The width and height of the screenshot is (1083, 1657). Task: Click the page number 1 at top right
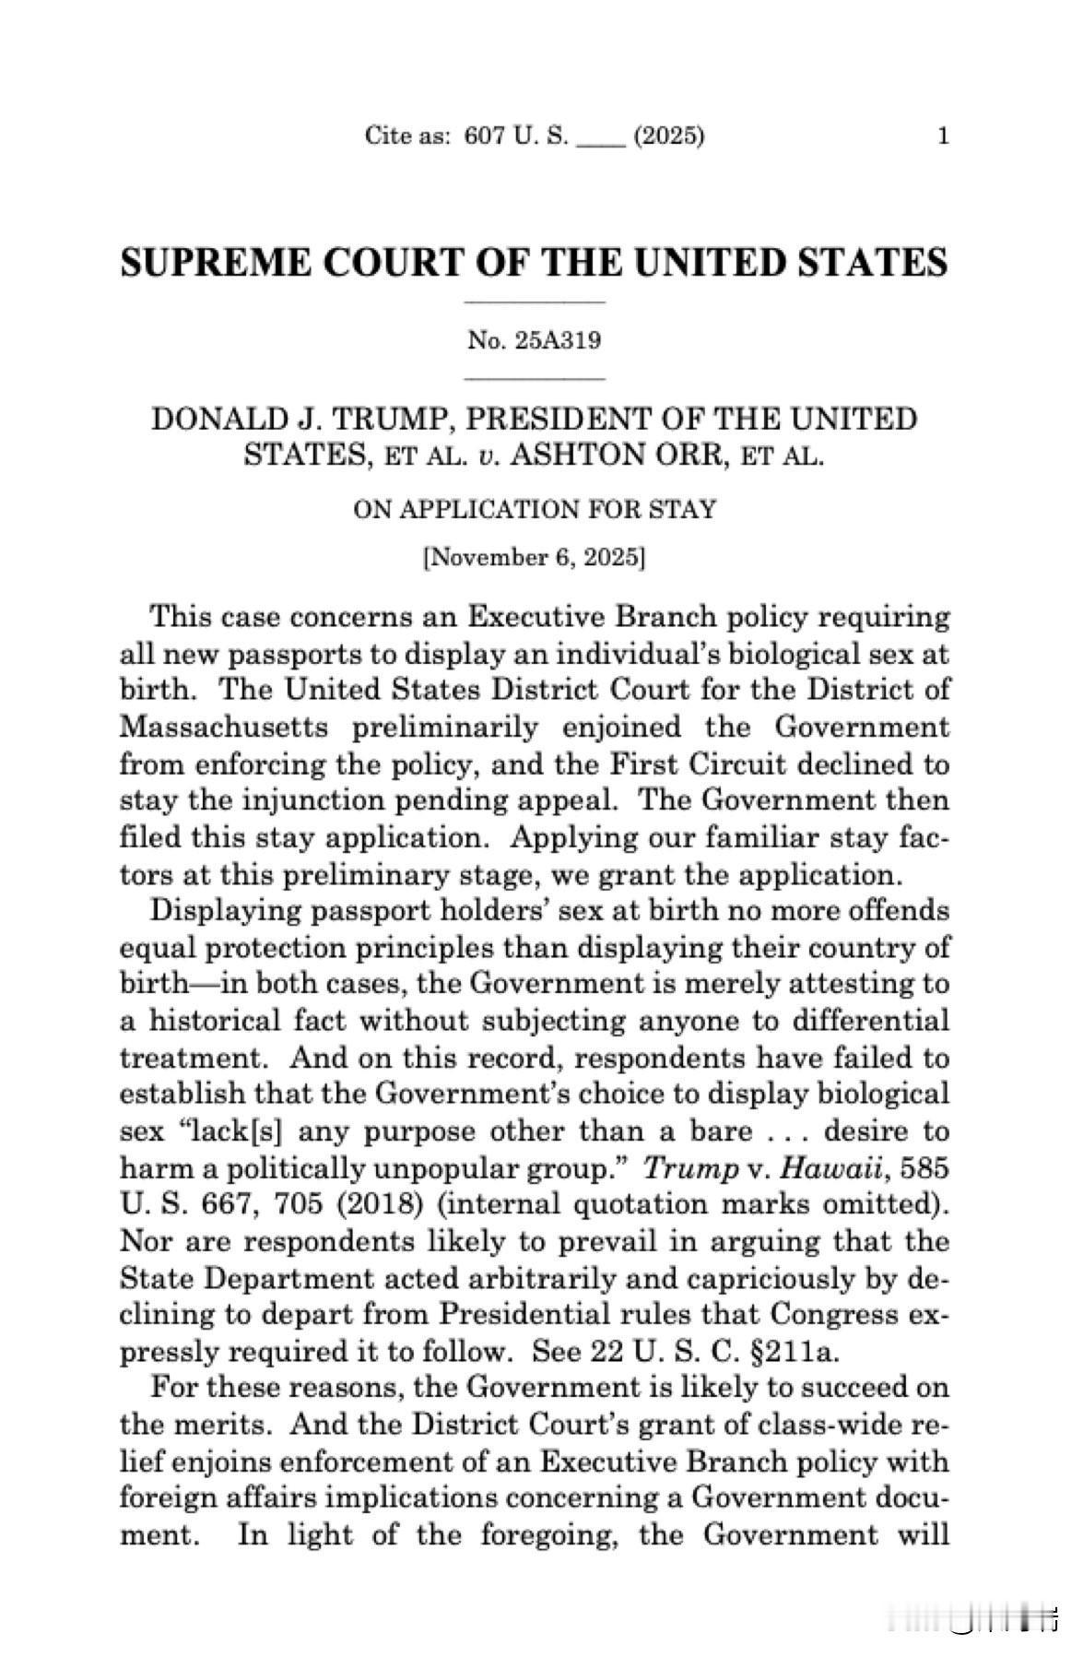[942, 137]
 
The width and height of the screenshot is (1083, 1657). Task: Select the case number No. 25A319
[535, 340]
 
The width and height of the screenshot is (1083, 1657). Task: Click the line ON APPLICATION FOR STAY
[535, 509]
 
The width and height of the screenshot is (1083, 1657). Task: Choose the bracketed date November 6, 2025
[535, 558]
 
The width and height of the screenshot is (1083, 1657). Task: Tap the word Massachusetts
[224, 728]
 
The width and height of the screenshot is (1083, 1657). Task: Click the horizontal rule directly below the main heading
[535, 302]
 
